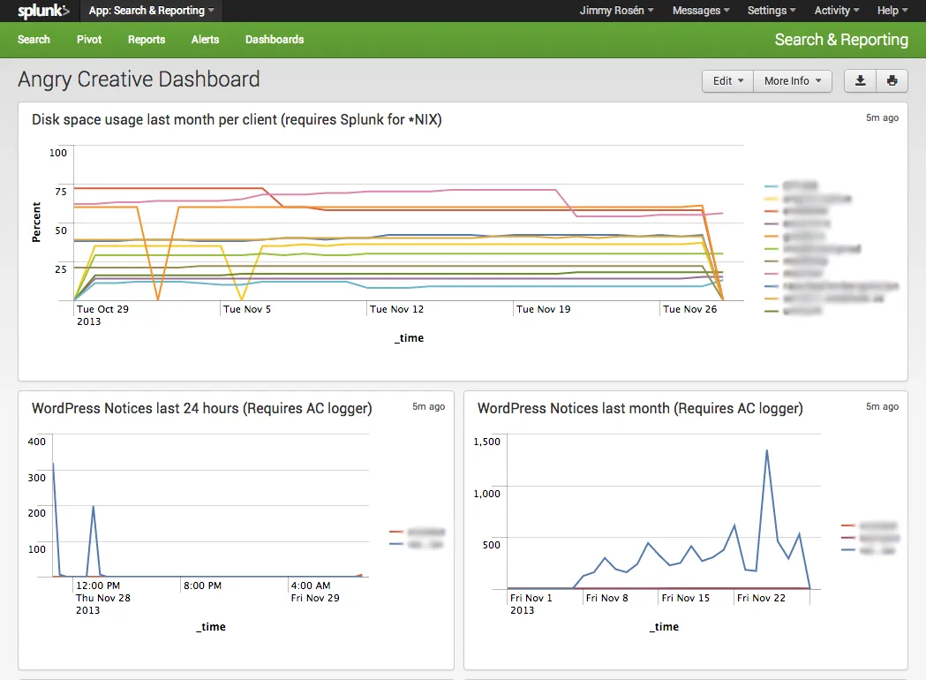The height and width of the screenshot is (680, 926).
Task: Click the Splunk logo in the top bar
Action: [43, 11]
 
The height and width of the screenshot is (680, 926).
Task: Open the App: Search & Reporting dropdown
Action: [152, 11]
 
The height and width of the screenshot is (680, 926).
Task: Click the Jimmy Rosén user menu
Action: [616, 11]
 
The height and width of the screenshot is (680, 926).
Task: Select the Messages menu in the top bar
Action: [701, 11]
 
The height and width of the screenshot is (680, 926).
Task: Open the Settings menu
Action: [771, 11]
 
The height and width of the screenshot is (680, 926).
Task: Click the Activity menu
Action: [837, 11]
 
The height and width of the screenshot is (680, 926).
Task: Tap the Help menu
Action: [892, 11]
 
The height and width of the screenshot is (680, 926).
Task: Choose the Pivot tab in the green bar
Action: [89, 40]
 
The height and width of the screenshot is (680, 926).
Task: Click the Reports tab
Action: [147, 40]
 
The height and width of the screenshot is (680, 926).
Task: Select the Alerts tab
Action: [205, 40]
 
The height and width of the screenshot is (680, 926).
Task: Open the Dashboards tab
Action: [275, 40]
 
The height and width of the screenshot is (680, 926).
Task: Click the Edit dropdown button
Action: [727, 80]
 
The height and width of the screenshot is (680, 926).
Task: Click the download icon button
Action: [860, 80]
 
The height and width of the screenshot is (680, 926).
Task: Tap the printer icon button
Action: [892, 80]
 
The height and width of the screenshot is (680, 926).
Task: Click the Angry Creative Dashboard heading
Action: [139, 79]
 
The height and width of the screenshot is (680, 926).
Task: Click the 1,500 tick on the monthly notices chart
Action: [487, 442]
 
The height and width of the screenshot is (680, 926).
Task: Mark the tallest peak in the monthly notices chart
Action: [766, 450]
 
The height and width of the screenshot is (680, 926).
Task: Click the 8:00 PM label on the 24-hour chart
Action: [203, 586]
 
